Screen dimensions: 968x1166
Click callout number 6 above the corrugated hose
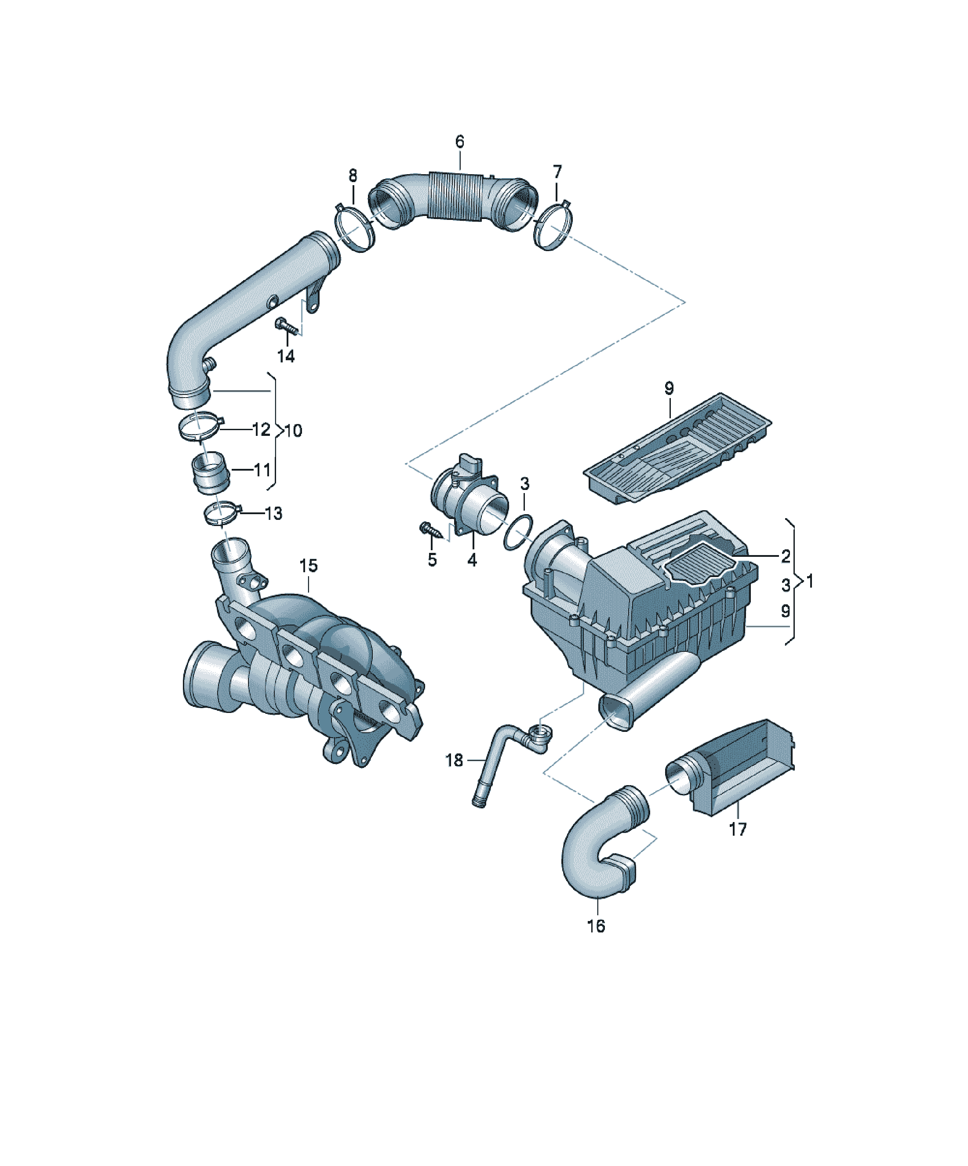pyautogui.click(x=459, y=142)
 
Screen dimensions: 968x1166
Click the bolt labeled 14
pyautogui.click(x=287, y=326)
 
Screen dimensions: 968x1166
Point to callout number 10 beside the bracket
pyautogui.click(x=293, y=431)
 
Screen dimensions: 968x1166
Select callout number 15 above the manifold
pyautogui.click(x=308, y=566)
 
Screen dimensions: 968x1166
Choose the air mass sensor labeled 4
pyautogui.click(x=469, y=495)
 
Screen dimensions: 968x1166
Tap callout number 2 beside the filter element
pyautogui.click(x=786, y=556)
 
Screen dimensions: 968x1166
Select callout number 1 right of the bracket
pyautogui.click(x=810, y=581)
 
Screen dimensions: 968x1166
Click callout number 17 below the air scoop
pyautogui.click(x=738, y=829)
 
